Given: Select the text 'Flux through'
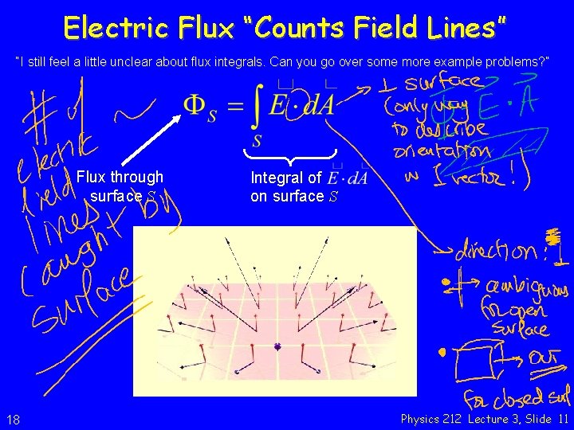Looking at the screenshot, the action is [120, 177].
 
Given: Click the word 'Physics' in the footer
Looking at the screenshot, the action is [419, 419].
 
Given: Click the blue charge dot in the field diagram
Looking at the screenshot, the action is [277, 346].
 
